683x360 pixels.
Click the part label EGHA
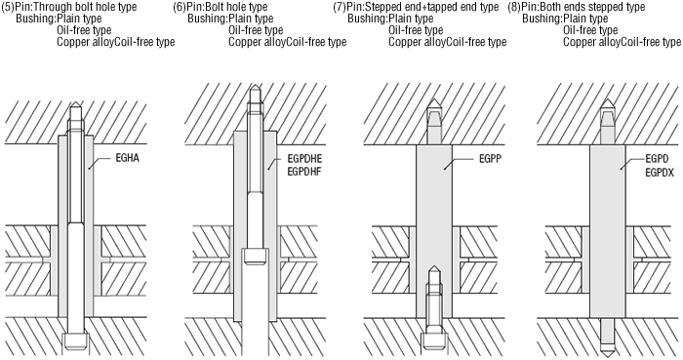click(128, 158)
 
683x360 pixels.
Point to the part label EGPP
click(490, 159)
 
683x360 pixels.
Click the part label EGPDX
click(660, 173)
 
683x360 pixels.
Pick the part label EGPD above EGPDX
click(657, 159)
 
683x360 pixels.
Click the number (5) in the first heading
click(8, 7)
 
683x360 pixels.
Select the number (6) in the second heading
click(180, 7)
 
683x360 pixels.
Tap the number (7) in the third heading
click(340, 7)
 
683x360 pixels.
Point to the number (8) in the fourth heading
click(514, 7)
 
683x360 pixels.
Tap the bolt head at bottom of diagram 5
click(76, 340)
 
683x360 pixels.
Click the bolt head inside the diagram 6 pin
click(256, 256)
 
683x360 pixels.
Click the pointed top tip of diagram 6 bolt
click(255, 87)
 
